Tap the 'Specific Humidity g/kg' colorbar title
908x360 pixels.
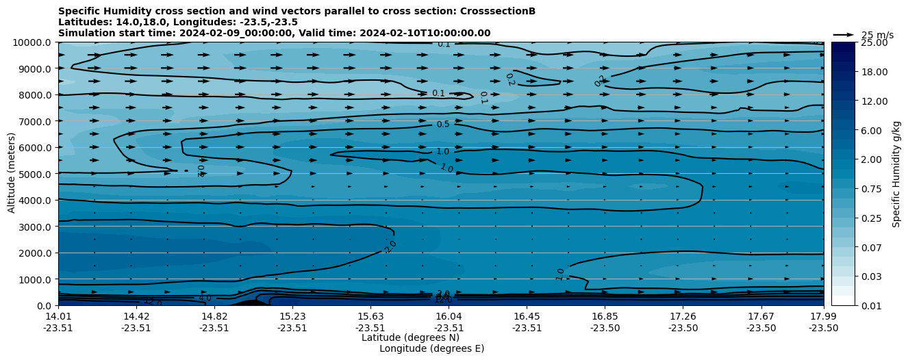tap(896, 174)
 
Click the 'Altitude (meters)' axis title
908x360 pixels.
tap(12, 174)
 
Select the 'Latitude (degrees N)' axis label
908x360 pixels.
tap(410, 337)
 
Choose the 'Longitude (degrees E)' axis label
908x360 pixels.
tap(431, 348)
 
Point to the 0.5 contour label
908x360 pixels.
tap(443, 125)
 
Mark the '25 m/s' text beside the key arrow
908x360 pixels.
tap(877, 35)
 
